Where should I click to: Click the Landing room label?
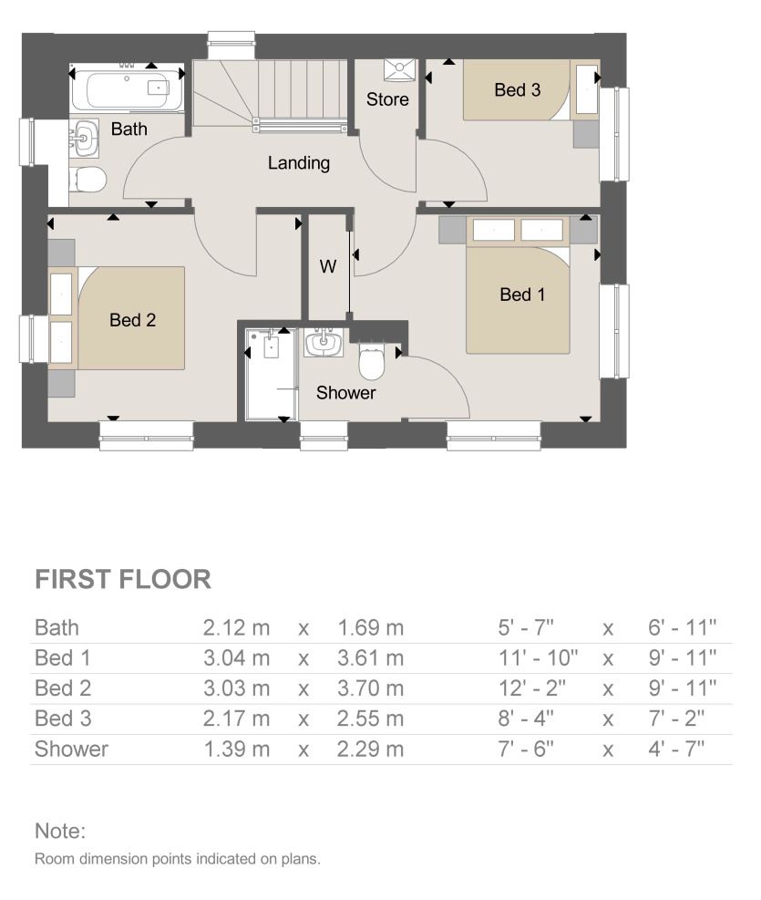[298, 164]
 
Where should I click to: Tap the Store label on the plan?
[387, 99]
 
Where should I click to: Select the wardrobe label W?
[327, 267]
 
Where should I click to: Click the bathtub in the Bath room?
[128, 92]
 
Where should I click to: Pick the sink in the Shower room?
[324, 344]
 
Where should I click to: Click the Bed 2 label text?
[132, 320]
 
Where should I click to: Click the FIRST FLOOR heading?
[123, 579]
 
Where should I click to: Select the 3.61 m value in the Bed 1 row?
[370, 657]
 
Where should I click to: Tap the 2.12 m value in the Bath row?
[236, 627]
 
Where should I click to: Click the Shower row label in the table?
[71, 750]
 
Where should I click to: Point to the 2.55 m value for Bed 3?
[370, 719]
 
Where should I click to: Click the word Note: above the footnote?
[59, 831]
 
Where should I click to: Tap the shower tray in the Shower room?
[271, 374]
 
